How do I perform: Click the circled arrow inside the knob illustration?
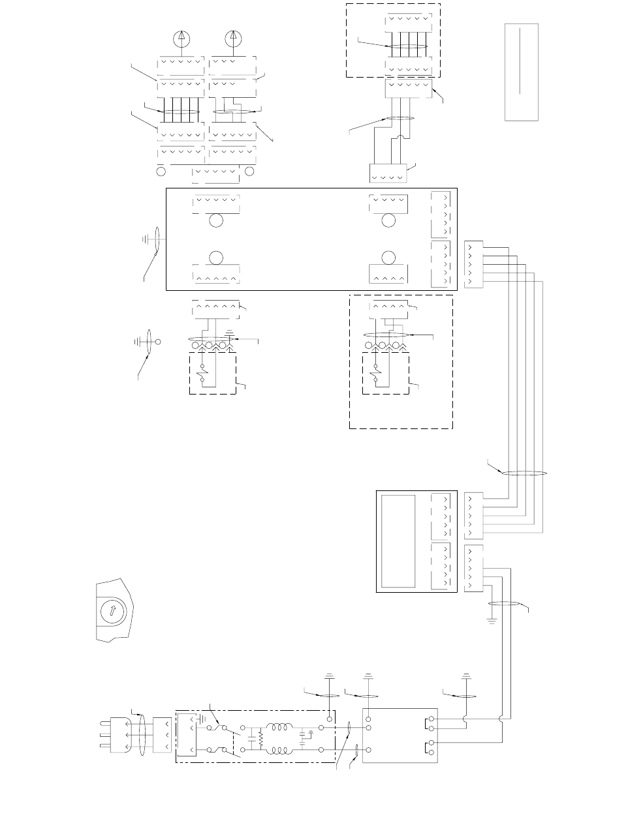tap(113, 612)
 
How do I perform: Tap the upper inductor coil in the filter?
tap(281, 728)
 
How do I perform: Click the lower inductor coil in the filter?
tap(281, 750)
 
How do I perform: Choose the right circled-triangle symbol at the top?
tap(232, 39)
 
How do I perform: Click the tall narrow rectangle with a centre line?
tap(521, 72)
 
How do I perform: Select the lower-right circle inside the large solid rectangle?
tap(389, 257)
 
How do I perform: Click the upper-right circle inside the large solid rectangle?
tap(389, 220)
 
